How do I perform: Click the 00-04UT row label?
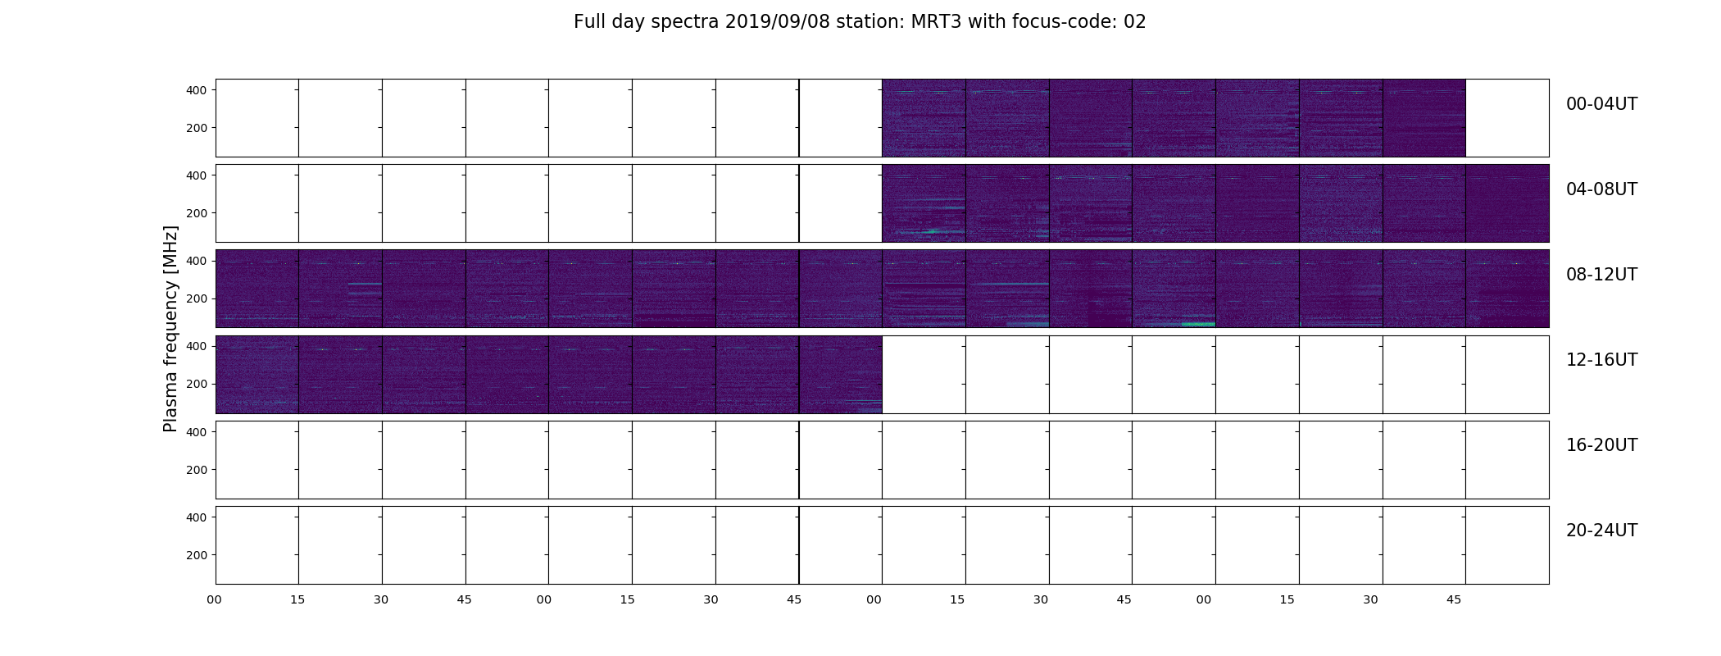tap(1601, 104)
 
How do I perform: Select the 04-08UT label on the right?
tap(1601, 189)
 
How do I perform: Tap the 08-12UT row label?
tap(1601, 275)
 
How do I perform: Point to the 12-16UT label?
tap(1601, 360)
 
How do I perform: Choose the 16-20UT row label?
tap(1601, 445)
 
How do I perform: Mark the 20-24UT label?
tap(1601, 531)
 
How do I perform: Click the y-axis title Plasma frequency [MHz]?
tap(170, 329)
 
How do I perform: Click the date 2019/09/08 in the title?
tap(772, 22)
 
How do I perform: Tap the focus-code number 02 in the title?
tap(1135, 22)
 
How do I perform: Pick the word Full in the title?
tap(588, 22)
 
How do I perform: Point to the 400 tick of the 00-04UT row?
tap(197, 90)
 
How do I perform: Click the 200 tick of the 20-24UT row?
tap(197, 555)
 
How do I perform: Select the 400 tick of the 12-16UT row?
tap(197, 346)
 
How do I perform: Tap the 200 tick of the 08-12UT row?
tap(197, 298)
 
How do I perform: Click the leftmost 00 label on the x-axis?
tap(214, 599)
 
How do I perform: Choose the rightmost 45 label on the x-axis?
tap(1454, 599)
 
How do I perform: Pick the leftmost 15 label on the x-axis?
tap(297, 599)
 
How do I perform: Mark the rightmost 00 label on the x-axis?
tap(1204, 599)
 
